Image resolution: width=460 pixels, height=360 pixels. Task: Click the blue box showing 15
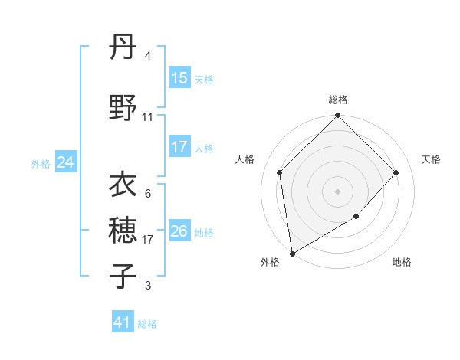coord(179,78)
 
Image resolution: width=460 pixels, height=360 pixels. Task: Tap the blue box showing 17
coord(179,147)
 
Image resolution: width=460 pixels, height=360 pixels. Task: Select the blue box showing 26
coord(179,231)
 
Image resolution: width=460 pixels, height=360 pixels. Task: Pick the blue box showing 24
coord(66,162)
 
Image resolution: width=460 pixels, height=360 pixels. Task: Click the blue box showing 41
coord(123,322)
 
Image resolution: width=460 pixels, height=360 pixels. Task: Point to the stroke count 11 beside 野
coord(148,117)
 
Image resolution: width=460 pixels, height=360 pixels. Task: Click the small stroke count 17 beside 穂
coord(148,240)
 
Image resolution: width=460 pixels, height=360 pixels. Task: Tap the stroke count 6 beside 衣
coord(148,194)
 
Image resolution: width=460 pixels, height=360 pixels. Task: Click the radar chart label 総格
coord(338,100)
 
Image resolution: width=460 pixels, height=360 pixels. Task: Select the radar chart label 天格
coord(431,159)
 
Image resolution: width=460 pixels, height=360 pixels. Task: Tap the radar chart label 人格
coord(245,159)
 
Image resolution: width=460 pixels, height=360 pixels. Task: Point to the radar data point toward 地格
coord(356,217)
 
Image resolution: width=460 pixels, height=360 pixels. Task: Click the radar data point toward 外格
coord(291,254)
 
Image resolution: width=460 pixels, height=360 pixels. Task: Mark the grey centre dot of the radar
coord(338,191)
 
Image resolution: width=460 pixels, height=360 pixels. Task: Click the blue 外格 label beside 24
coord(41,163)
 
